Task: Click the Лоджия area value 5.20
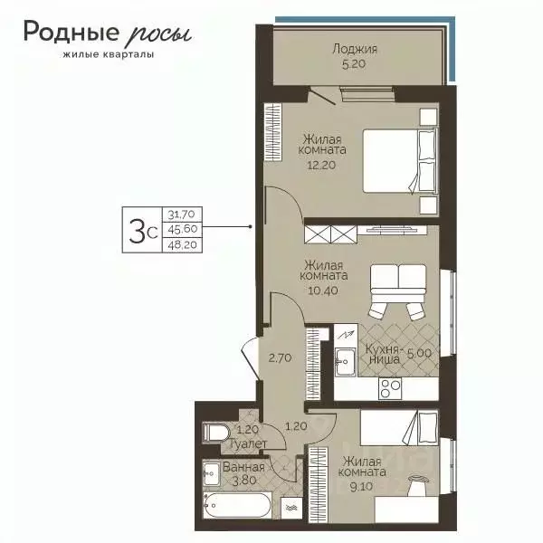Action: click(x=354, y=64)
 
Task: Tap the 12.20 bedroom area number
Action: click(x=321, y=166)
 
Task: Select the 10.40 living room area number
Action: click(x=323, y=291)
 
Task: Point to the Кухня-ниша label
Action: click(x=383, y=354)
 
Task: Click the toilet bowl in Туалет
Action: click(x=216, y=432)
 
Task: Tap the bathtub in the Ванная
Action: click(x=237, y=506)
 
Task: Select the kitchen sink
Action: click(x=345, y=362)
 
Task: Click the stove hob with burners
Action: click(x=390, y=388)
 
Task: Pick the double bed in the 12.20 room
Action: click(x=400, y=161)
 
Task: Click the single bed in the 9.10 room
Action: click(x=399, y=428)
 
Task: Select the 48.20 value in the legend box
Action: click(x=182, y=245)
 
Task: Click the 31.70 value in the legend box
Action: click(x=182, y=214)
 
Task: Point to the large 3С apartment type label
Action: click(x=143, y=231)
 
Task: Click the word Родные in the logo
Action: click(x=71, y=33)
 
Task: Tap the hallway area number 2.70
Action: click(x=281, y=357)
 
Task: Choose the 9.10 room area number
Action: click(x=361, y=487)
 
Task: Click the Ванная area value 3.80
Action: click(x=244, y=481)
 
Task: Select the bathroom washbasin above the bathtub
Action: click(x=212, y=473)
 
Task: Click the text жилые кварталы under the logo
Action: click(x=109, y=54)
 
